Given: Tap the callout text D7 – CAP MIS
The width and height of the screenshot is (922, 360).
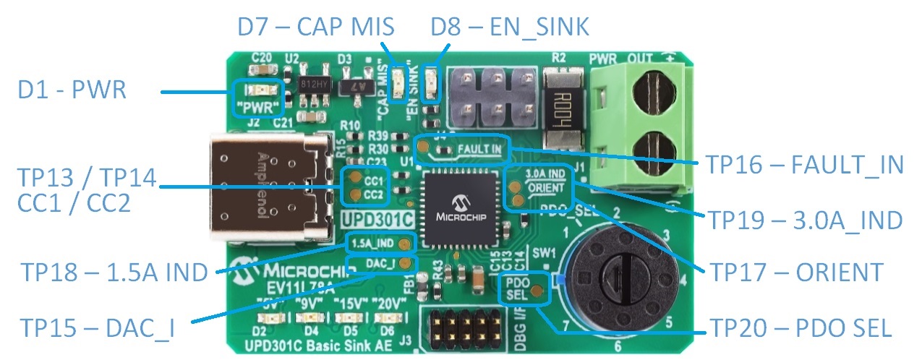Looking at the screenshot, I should tap(315, 28).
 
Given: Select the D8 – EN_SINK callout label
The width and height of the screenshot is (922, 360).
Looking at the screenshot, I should tap(510, 28).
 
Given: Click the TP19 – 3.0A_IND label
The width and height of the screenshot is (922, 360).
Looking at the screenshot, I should tap(805, 219).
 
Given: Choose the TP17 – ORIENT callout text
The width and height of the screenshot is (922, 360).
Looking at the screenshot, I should tap(796, 273).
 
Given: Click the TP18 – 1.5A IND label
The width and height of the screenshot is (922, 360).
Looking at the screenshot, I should tap(114, 272).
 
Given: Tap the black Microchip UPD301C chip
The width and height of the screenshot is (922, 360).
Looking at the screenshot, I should tap(458, 207).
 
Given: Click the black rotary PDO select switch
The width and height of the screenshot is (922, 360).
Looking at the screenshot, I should tap(621, 276).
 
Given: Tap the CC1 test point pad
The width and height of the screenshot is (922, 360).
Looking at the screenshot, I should tap(354, 178).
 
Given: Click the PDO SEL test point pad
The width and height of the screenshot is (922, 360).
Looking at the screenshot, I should tap(537, 291).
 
